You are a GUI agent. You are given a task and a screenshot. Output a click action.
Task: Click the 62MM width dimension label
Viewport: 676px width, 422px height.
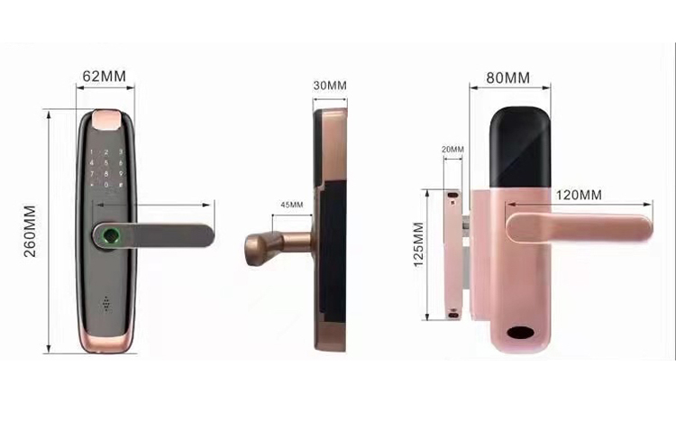coord(104,77)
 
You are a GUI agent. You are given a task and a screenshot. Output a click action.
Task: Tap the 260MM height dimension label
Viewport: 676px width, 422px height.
coord(30,231)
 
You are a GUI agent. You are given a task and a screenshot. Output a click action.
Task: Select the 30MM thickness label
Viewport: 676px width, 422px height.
coord(330,86)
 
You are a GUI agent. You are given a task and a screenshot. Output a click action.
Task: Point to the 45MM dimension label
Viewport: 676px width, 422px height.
coord(292,205)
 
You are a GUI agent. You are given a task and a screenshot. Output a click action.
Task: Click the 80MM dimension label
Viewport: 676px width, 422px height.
coord(507,78)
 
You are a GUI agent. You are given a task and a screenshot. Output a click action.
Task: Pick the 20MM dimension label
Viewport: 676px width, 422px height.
coord(452,150)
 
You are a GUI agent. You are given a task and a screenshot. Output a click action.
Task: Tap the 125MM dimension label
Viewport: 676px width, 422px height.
coord(418,244)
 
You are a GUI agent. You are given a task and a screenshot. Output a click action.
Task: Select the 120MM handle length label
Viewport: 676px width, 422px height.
coord(579,195)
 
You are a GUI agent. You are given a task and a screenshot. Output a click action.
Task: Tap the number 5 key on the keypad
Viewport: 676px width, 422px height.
coord(106,162)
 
